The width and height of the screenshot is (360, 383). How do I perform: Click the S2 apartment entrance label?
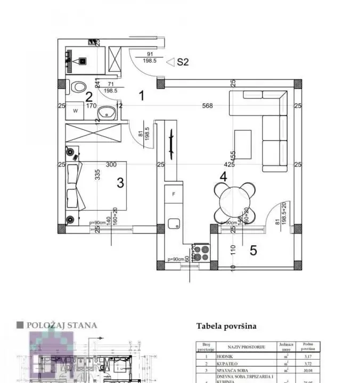[x=183, y=62]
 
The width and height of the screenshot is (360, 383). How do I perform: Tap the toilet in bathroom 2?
[x=79, y=87]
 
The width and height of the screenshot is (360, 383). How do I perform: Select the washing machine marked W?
[x=76, y=111]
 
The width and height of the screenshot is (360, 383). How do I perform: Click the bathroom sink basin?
[x=109, y=112]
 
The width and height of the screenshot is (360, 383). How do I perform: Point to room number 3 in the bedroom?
[x=120, y=183]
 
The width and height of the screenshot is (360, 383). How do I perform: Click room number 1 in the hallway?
[x=142, y=96]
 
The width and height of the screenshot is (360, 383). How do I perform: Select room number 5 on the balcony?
[x=253, y=250]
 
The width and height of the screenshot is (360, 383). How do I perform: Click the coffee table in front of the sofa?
[x=243, y=144]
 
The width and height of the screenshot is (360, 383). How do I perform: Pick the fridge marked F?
[x=174, y=195]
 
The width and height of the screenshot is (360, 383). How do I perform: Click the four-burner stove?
[x=200, y=252]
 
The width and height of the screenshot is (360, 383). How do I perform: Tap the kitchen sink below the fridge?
[x=174, y=224]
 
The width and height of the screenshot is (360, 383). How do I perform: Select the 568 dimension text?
[x=207, y=106]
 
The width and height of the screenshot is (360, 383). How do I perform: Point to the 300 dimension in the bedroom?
[x=111, y=165]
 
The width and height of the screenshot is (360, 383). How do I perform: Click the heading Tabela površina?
[x=226, y=326]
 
